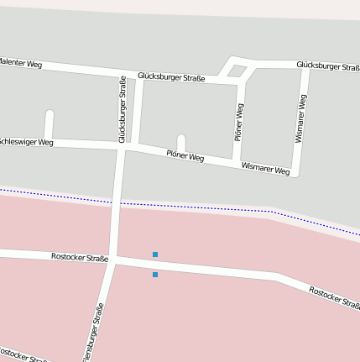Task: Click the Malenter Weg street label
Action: (x=20, y=63)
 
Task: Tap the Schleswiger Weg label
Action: (x=27, y=142)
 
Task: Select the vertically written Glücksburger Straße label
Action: (x=123, y=109)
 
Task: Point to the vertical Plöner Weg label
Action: (x=239, y=122)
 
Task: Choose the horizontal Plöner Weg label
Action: (x=185, y=155)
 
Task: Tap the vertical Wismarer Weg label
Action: (x=301, y=118)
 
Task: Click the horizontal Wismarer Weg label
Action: (x=265, y=168)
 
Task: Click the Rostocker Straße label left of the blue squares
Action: (x=80, y=257)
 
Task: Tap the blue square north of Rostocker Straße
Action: (x=155, y=254)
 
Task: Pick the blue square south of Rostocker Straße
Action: (x=155, y=275)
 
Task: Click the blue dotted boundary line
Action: (x=193, y=206)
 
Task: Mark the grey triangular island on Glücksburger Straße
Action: (x=237, y=71)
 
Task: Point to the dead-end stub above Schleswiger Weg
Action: (x=50, y=124)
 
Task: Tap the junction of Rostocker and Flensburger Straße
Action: (x=113, y=260)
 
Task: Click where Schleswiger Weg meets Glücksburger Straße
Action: (x=124, y=146)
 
